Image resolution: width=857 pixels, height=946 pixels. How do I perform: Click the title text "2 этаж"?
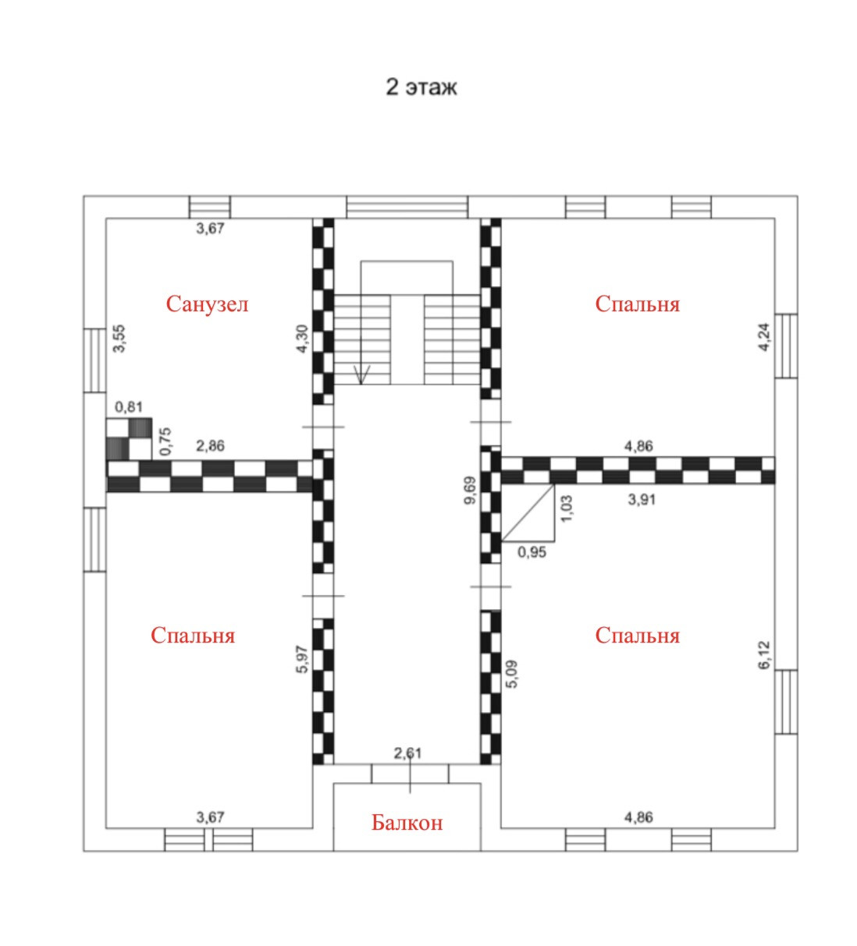pyautogui.click(x=421, y=87)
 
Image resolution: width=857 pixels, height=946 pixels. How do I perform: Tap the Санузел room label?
pyautogui.click(x=207, y=303)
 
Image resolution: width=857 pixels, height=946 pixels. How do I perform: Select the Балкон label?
pyautogui.click(x=407, y=822)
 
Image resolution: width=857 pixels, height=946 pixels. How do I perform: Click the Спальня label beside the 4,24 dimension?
pyautogui.click(x=637, y=303)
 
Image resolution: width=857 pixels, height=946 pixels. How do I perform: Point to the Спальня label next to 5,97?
pyautogui.click(x=193, y=635)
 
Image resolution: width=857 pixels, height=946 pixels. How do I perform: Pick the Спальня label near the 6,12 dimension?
pyautogui.click(x=637, y=635)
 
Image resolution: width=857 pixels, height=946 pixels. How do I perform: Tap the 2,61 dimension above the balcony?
pyautogui.click(x=408, y=753)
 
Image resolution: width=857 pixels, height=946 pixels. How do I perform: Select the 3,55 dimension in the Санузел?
pyautogui.click(x=119, y=339)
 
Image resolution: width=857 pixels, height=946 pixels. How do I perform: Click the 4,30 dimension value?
pyautogui.click(x=302, y=339)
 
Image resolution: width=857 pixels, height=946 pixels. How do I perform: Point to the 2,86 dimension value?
pyautogui.click(x=211, y=446)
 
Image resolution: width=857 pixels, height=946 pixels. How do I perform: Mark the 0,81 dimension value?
pyautogui.click(x=128, y=407)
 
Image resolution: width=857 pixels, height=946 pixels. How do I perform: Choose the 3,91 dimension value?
pyautogui.click(x=642, y=499)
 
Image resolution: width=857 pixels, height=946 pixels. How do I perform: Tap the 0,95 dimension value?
pyautogui.click(x=532, y=552)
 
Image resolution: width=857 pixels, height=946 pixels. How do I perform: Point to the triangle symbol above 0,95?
pyautogui.click(x=529, y=514)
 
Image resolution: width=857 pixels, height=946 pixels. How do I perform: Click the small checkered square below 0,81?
pyautogui.click(x=129, y=438)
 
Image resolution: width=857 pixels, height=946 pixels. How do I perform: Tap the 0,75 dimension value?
pyautogui.click(x=165, y=441)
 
